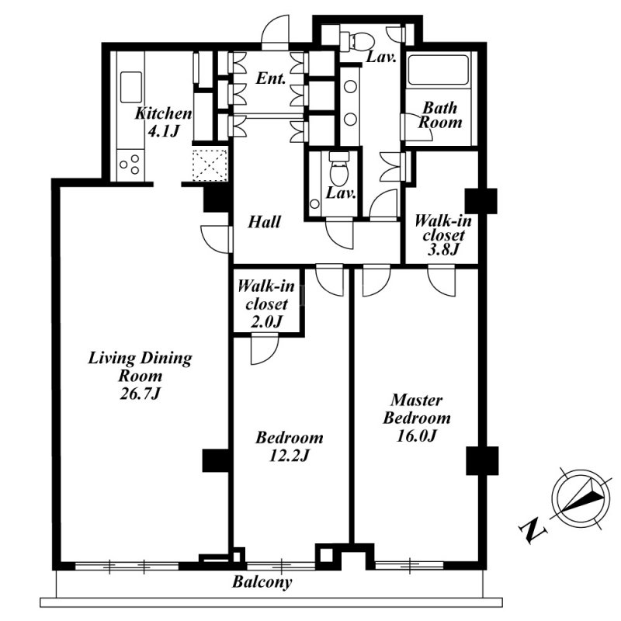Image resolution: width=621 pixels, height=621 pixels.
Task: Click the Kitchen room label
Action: (163, 113)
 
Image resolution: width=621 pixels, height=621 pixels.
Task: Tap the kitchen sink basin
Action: (131, 87)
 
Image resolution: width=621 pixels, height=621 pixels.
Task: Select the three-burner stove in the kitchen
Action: (130, 165)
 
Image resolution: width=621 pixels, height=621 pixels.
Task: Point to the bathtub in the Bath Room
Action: (439, 69)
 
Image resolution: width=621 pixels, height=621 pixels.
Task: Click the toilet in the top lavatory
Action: (357, 40)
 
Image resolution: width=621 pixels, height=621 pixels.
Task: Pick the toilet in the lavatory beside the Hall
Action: (339, 169)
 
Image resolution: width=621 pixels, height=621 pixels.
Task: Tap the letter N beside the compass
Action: (533, 529)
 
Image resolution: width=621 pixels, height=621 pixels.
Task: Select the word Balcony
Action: (262, 581)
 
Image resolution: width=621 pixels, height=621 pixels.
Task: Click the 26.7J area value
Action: (141, 394)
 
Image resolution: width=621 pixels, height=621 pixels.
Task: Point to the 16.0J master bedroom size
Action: (416, 435)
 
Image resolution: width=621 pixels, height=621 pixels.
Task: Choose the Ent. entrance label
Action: (270, 78)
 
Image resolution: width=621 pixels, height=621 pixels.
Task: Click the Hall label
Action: (264, 222)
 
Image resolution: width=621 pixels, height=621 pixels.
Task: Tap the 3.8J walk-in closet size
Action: (442, 249)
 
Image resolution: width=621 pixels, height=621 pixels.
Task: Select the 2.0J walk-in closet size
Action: (266, 322)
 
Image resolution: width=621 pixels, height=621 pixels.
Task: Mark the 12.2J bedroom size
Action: (289, 456)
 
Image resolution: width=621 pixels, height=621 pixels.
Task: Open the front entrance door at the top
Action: (276, 33)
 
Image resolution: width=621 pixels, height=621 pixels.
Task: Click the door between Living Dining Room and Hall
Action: (217, 239)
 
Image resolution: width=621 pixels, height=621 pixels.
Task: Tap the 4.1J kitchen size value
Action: (163, 130)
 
